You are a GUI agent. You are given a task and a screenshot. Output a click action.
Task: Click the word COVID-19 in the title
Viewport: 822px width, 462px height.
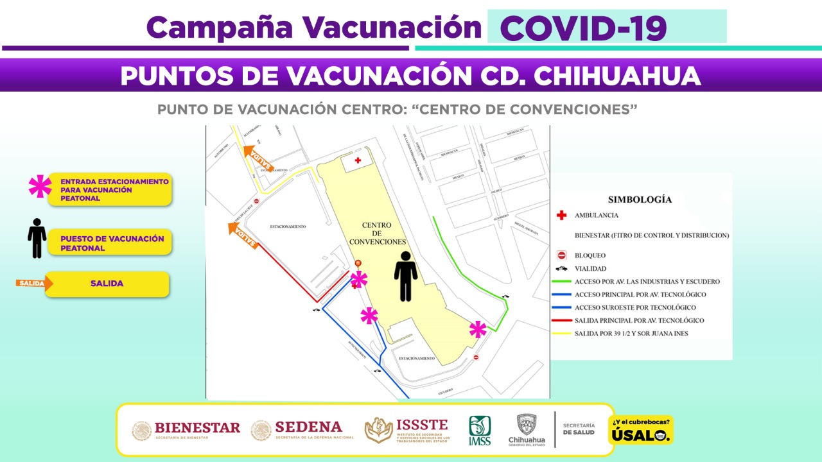[583, 28]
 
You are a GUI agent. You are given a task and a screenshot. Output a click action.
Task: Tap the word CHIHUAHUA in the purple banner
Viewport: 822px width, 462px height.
[617, 76]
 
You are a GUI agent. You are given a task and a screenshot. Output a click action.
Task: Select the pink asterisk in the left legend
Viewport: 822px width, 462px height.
[40, 187]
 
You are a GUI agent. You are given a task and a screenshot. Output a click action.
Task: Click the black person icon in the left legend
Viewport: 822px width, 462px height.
[37, 238]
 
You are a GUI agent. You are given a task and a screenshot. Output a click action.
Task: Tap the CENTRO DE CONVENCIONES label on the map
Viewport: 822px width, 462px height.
[377, 234]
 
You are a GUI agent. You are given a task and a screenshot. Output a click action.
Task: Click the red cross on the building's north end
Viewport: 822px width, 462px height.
[358, 159]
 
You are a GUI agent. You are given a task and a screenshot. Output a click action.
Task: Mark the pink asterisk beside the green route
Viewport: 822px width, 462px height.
[478, 329]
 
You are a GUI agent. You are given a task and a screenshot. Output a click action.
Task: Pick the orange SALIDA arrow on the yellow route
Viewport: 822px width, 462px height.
[258, 158]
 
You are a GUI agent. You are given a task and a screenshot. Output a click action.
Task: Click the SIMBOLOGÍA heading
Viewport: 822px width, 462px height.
[640, 199]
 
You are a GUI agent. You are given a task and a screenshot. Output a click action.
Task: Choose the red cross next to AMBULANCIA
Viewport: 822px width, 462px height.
[561, 216]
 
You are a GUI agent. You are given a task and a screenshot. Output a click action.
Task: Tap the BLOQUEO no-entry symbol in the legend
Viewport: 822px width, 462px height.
[561, 255]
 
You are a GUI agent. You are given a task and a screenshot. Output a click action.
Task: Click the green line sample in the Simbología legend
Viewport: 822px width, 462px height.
[561, 282]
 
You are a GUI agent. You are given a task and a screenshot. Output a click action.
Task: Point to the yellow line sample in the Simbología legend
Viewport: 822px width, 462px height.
[561, 333]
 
